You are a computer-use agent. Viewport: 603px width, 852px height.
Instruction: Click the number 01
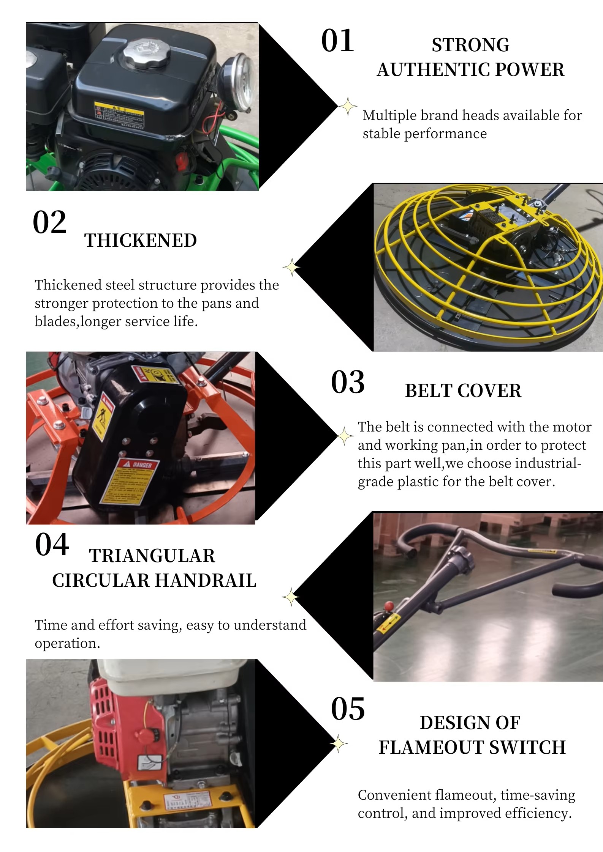pos(337,41)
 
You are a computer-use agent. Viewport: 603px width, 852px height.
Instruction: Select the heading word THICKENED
pos(140,240)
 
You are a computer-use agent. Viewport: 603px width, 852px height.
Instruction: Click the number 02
pos(49,222)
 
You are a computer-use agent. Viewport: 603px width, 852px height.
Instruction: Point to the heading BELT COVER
pos(463,391)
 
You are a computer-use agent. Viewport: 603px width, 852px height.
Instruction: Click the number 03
pos(348,382)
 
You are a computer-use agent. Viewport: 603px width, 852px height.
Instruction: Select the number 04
pos(52,545)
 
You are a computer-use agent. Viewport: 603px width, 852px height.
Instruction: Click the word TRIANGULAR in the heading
pos(152,556)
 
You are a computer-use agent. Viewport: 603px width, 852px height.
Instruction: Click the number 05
pos(348,709)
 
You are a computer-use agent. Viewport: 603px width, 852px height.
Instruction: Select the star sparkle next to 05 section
pos(338,743)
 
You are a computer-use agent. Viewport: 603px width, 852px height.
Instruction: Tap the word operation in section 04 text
pos(67,643)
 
